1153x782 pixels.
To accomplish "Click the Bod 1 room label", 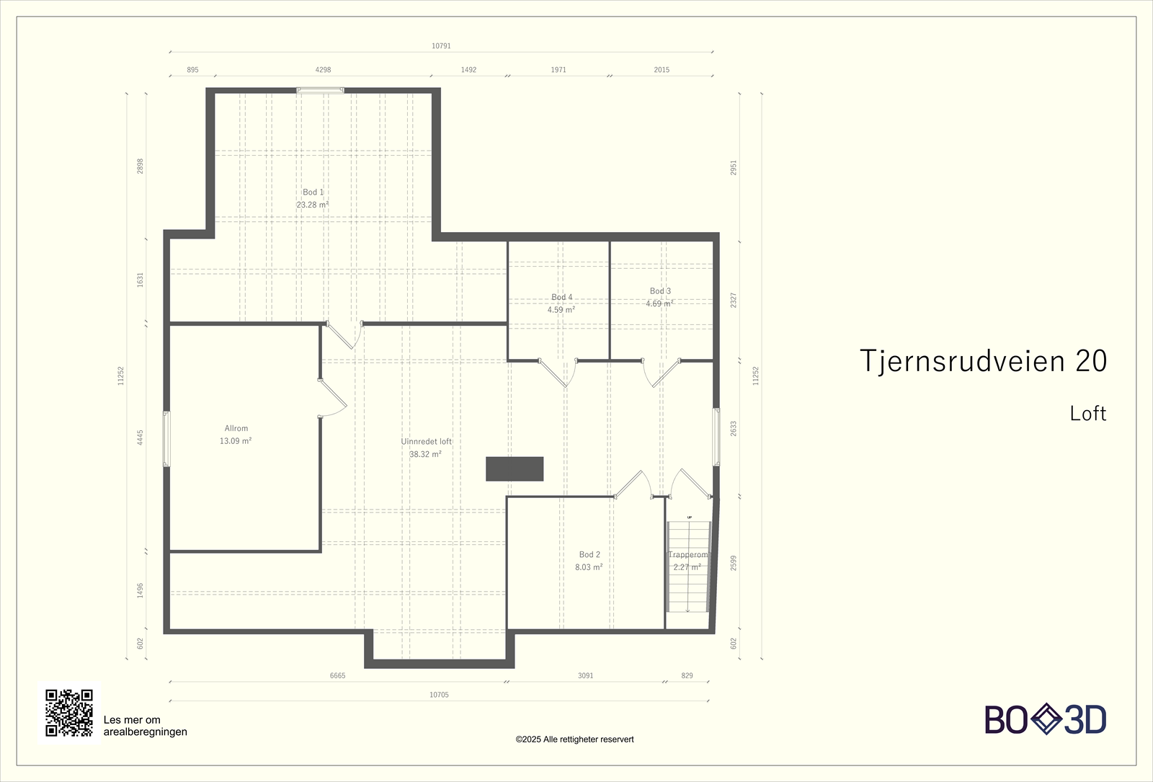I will tap(313, 192).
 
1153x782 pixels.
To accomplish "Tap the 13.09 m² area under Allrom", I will tap(236, 441).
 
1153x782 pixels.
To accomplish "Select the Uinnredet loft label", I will tap(427, 442).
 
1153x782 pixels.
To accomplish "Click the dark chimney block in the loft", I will tap(515, 468).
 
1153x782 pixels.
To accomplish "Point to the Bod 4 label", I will tap(561, 297).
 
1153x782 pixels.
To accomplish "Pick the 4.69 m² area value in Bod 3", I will tap(659, 304).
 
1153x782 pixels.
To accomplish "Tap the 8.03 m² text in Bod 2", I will tap(589, 567).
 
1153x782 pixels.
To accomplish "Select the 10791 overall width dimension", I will tap(441, 46).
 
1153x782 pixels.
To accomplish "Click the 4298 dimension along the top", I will tap(323, 70).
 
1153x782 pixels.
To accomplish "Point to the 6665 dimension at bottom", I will tap(337, 676).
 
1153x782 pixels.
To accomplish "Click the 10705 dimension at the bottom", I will tap(439, 695).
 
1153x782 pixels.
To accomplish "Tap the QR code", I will tap(69, 713).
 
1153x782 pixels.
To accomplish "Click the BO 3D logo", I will tap(1046, 719).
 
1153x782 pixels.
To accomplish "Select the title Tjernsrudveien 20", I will tap(983, 361).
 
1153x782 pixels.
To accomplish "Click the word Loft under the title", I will tap(1087, 414).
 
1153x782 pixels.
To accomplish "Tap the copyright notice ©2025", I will tap(574, 739).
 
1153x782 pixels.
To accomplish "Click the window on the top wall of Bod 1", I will tap(320, 91).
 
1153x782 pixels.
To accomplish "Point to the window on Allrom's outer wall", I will tap(166, 439).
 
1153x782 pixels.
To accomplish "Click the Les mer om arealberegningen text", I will tap(145, 726).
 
